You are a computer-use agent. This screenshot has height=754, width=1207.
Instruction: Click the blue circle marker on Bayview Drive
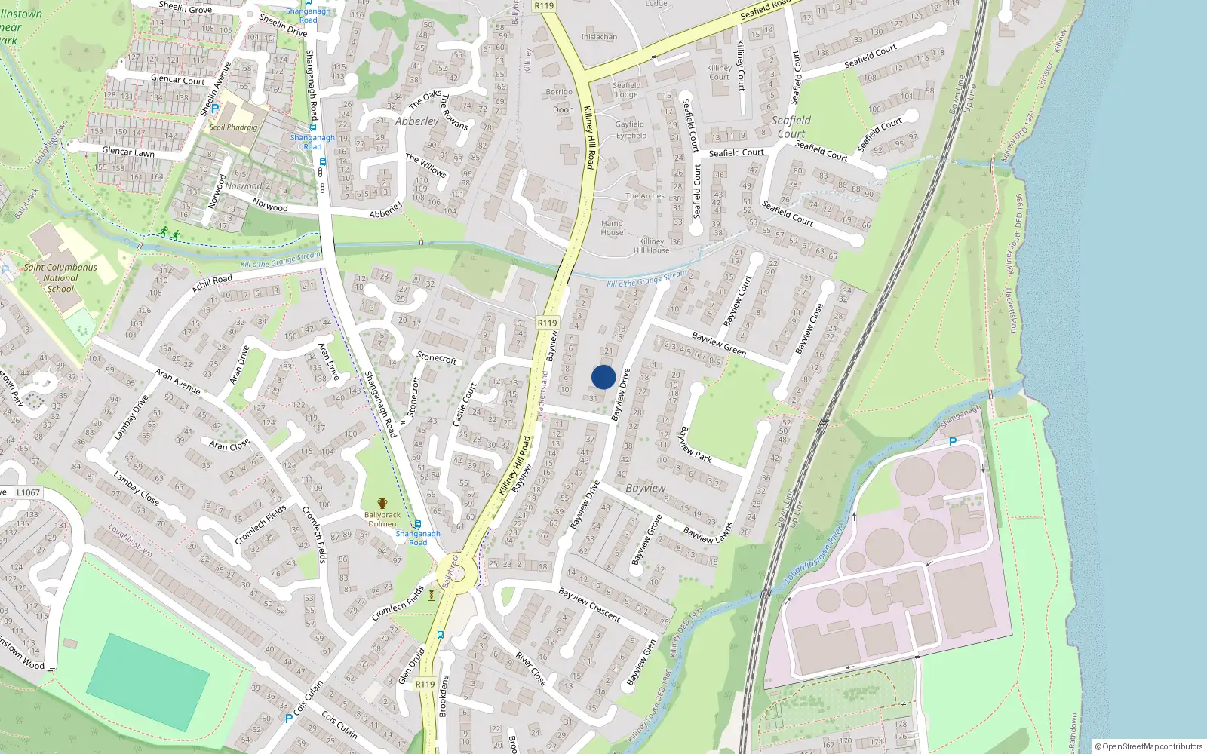(x=603, y=377)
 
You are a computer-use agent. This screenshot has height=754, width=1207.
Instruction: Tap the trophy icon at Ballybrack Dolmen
(x=382, y=504)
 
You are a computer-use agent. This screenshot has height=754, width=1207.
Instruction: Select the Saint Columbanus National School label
(x=60, y=277)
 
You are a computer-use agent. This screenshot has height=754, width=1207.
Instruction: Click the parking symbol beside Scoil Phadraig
(x=215, y=109)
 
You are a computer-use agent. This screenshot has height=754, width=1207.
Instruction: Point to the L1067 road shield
(x=28, y=492)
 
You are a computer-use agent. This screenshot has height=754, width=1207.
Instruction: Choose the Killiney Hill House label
(x=652, y=246)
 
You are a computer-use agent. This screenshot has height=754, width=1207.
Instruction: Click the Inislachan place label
(x=599, y=36)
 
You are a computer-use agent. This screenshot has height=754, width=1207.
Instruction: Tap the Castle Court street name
(x=464, y=405)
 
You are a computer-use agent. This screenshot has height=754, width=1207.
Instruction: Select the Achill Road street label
(x=213, y=284)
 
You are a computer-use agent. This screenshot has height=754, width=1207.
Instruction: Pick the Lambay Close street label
(x=136, y=488)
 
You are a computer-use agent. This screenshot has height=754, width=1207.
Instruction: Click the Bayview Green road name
(x=719, y=344)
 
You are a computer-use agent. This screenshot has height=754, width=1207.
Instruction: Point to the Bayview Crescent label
(x=589, y=605)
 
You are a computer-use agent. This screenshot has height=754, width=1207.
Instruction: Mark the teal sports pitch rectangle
(x=148, y=682)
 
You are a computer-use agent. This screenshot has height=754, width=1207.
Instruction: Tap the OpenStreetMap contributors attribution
(x=1148, y=746)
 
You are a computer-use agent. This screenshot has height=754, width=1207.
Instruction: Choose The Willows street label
(x=425, y=165)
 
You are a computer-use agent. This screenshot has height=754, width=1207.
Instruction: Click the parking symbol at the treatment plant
(x=952, y=443)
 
